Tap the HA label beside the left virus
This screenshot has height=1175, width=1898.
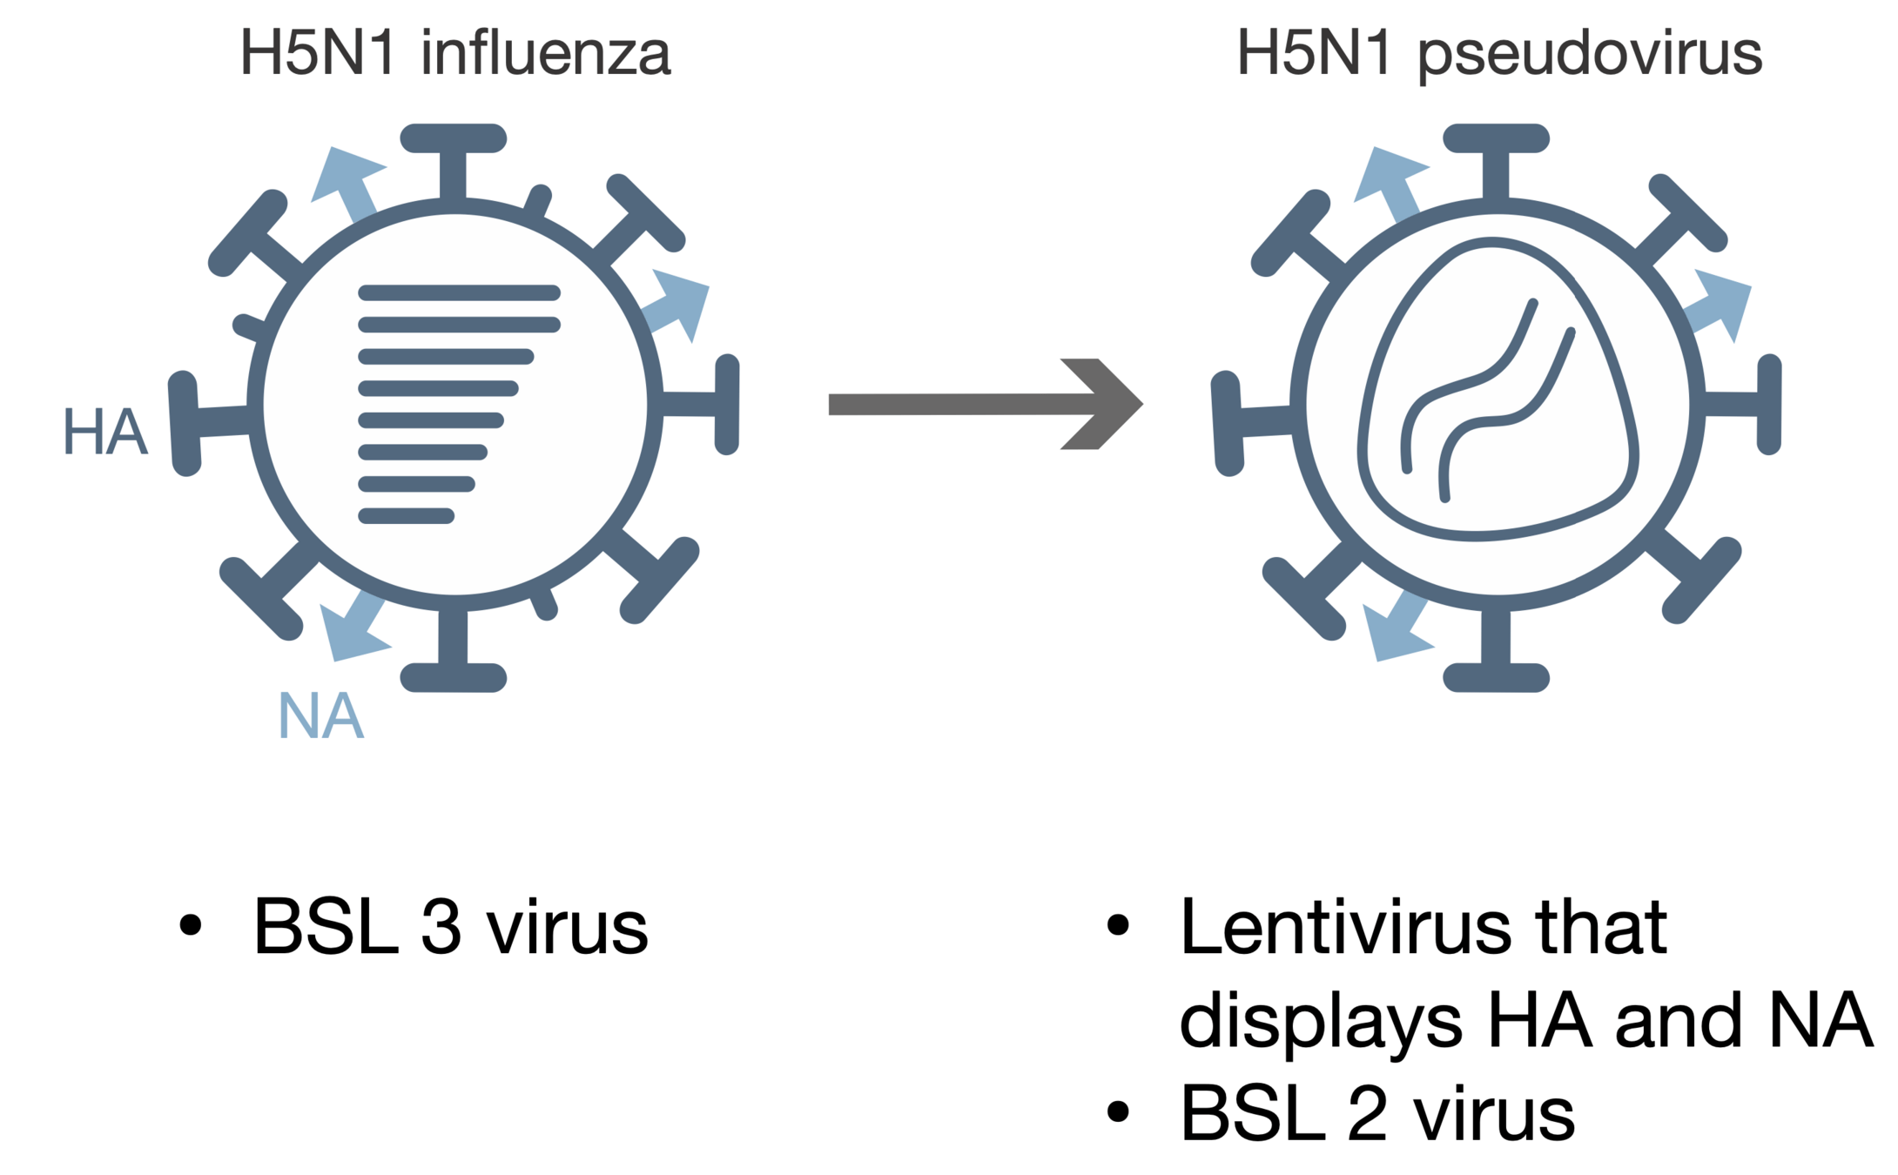pos(105,432)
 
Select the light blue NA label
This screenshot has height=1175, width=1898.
pos(320,716)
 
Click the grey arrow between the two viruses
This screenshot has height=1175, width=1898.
pos(984,404)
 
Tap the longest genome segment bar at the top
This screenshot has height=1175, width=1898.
pos(459,293)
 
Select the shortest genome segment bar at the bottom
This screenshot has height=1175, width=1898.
pos(406,516)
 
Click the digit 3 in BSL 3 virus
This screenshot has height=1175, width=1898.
pos(441,926)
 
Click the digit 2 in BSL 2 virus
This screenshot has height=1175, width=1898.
pos(1367,1113)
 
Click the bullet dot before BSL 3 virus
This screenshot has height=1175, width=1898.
pos(190,925)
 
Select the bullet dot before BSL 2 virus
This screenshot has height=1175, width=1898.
pos(1118,1112)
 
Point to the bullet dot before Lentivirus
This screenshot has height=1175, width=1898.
pos(1118,925)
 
